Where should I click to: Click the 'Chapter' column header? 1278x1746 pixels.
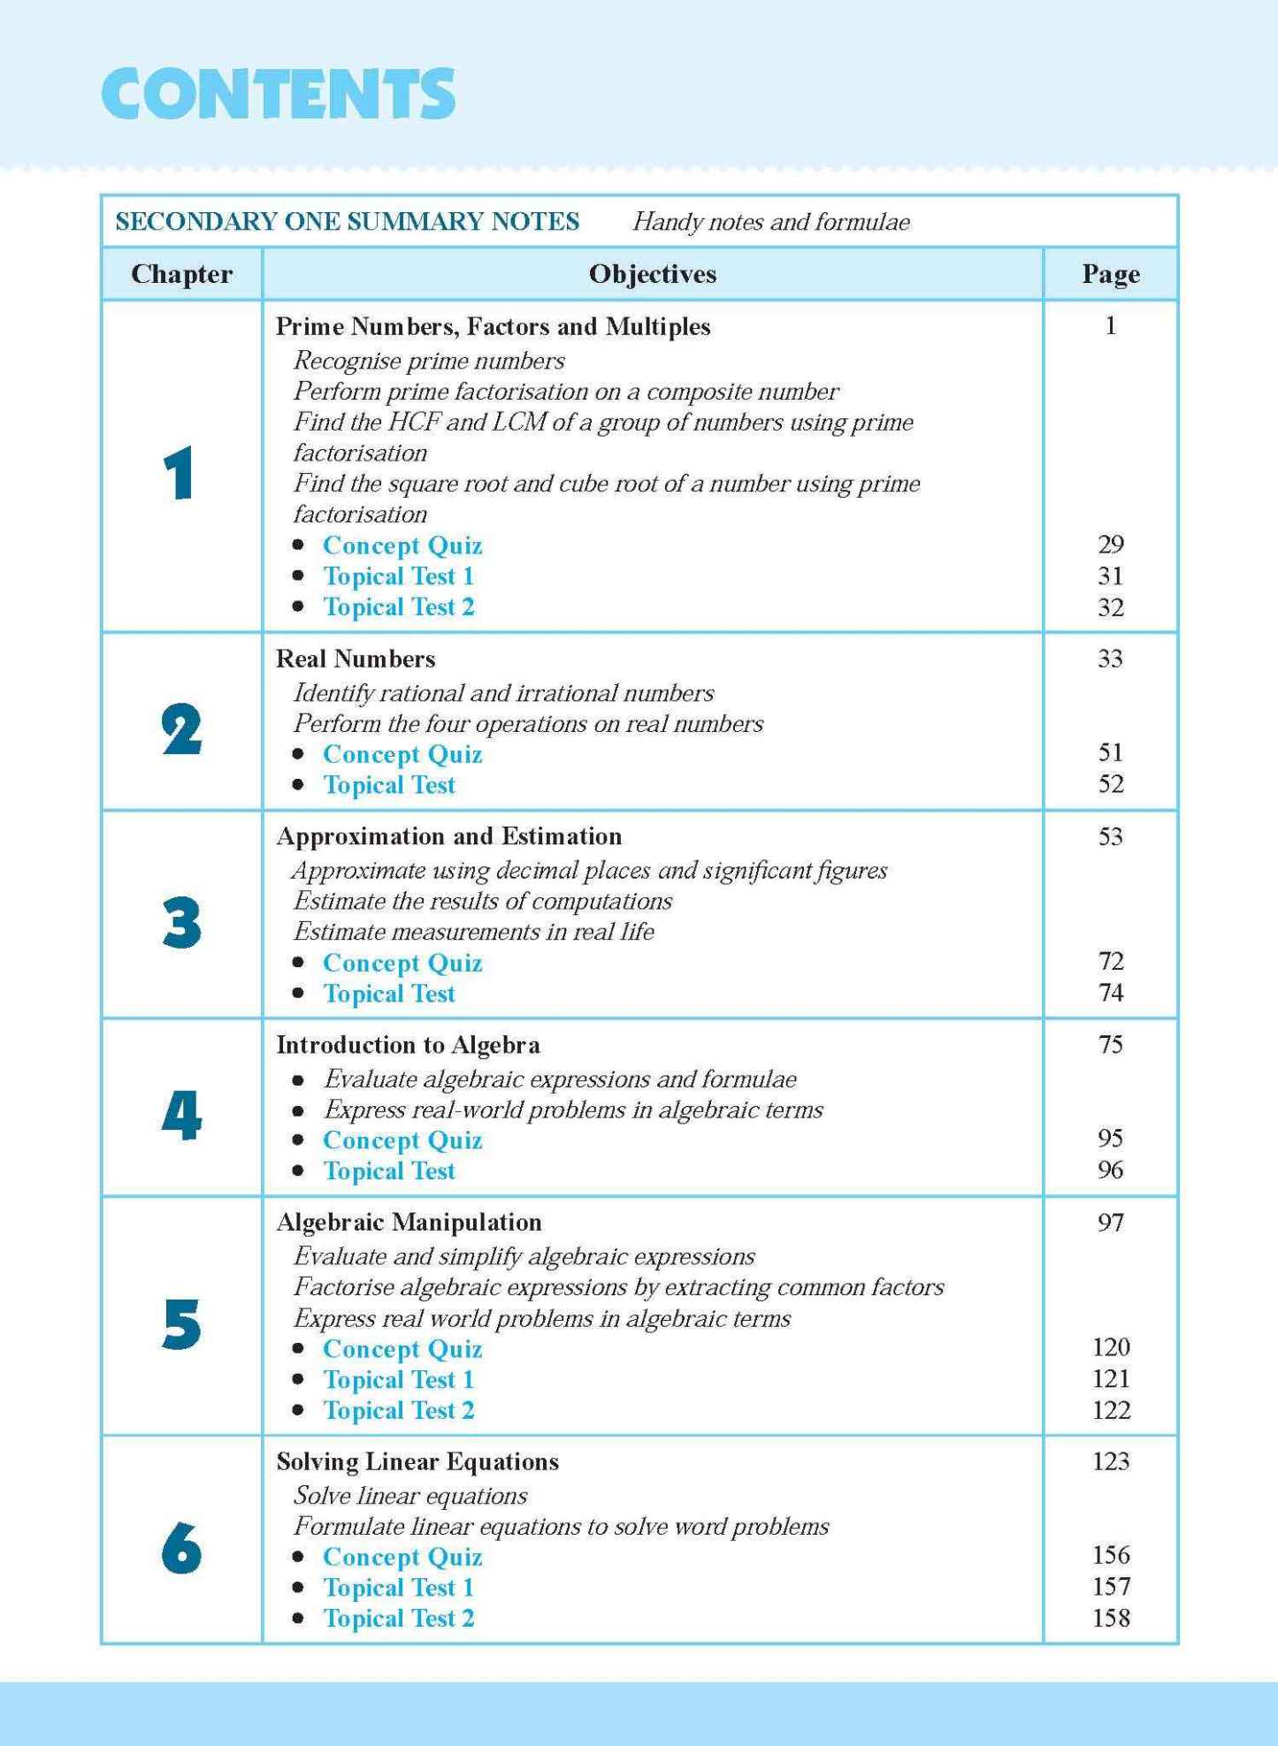tap(181, 274)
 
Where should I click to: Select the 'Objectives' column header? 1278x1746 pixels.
tap(653, 274)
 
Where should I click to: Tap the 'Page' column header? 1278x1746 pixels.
tap(1110, 274)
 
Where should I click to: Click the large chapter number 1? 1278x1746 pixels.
tap(180, 474)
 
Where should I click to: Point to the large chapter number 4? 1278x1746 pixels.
tap(181, 1115)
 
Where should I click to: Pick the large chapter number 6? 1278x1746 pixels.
tap(181, 1548)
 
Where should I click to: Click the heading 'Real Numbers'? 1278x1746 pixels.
tap(356, 659)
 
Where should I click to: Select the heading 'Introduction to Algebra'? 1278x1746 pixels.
tap(408, 1045)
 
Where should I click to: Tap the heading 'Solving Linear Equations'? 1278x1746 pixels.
tap(417, 1461)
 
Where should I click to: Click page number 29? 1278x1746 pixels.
tap(1110, 545)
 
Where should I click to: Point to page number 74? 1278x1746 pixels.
tap(1110, 993)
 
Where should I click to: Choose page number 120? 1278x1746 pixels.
tap(1110, 1347)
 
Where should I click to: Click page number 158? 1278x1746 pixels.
tap(1110, 1618)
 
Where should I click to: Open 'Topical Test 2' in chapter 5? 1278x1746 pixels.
tap(398, 1410)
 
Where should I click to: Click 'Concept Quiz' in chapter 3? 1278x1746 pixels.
tap(402, 963)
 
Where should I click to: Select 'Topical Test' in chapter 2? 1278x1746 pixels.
tap(389, 785)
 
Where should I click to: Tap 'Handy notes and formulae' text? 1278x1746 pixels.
tap(771, 222)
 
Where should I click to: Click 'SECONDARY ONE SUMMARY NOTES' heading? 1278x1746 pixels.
tap(348, 221)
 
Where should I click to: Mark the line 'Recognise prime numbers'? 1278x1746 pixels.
tap(429, 361)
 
